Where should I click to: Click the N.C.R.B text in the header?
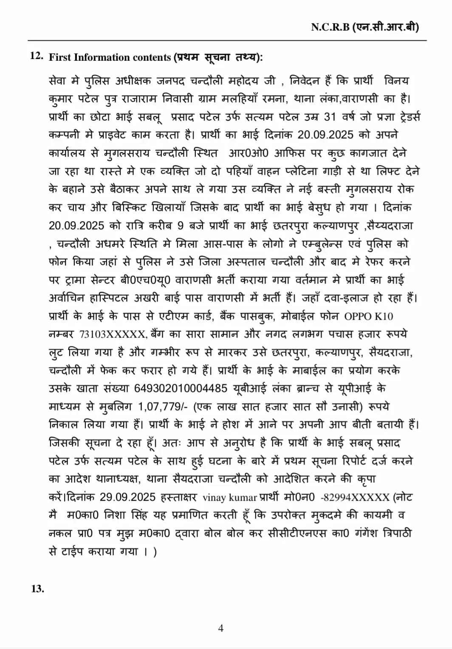tap(330, 27)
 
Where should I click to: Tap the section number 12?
tap(37, 56)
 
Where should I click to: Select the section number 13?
tap(37, 589)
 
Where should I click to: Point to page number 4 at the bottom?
tap(220, 628)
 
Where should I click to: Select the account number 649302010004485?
tap(181, 388)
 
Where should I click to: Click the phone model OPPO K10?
tap(368, 316)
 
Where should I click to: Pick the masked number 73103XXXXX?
tap(112, 334)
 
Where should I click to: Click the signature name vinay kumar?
tap(230, 497)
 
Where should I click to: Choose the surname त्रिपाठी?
tap(394, 533)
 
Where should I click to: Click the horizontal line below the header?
tap(227, 40)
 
